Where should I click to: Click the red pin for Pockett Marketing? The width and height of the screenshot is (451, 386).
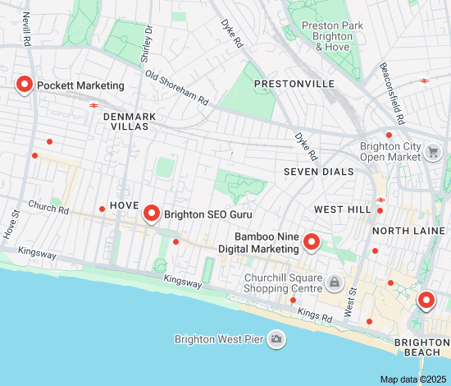(x=25, y=85)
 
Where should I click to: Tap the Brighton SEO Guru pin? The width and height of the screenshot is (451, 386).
(x=151, y=214)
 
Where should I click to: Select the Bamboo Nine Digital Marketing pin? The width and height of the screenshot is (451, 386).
(x=311, y=241)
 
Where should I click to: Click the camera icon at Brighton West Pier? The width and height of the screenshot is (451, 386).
(x=276, y=338)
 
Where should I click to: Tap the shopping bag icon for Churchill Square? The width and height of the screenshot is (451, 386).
(x=335, y=283)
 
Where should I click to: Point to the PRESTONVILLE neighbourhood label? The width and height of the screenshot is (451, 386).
(x=294, y=85)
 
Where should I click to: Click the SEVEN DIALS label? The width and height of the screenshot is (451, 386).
(x=319, y=172)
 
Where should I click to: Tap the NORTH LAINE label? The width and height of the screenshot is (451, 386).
(x=412, y=231)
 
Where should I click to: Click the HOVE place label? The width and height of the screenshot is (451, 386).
(x=124, y=204)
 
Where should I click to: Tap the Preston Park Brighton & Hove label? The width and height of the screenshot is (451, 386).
(x=331, y=36)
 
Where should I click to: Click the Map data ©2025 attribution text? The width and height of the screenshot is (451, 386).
(x=413, y=379)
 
